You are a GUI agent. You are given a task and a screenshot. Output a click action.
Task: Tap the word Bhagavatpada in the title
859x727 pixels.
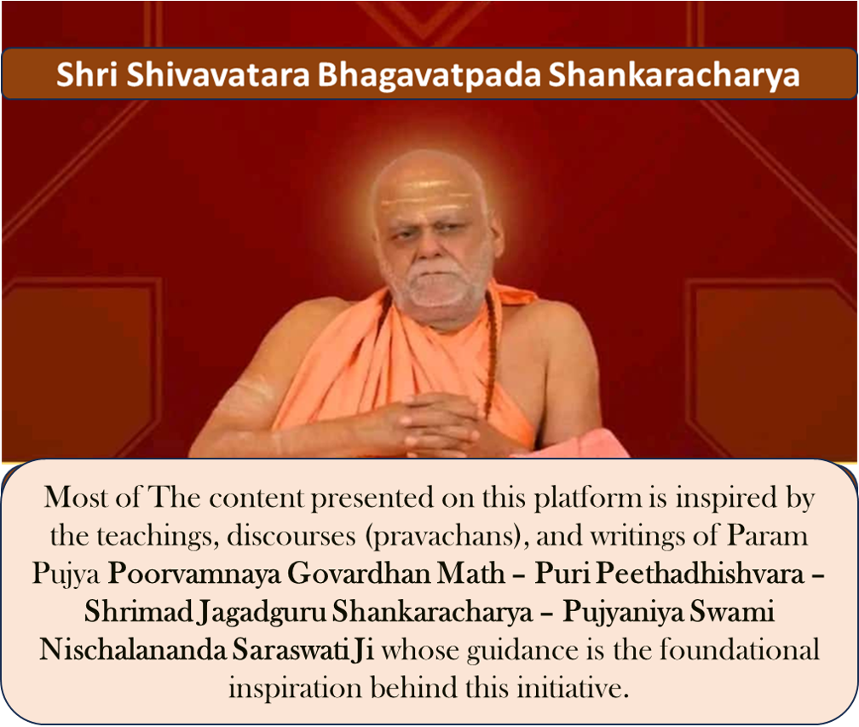(429, 74)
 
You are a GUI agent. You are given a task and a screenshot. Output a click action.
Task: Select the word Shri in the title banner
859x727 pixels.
(87, 74)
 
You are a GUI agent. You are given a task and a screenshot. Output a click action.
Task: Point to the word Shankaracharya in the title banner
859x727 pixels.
(674, 75)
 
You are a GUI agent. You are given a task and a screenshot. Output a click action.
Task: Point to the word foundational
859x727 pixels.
(739, 650)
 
